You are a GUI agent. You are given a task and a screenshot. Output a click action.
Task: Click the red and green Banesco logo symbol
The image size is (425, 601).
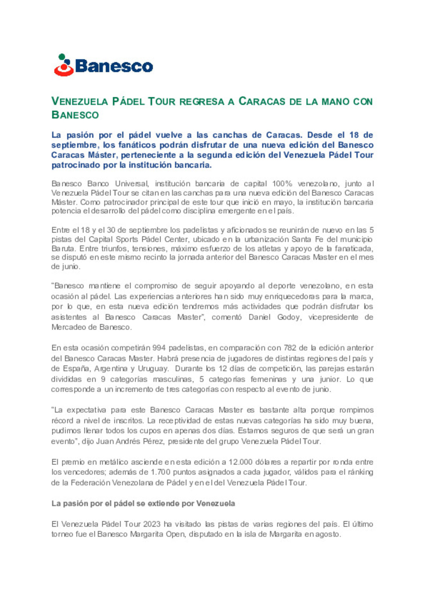[64, 65]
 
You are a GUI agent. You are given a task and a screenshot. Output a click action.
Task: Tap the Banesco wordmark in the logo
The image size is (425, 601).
[114, 66]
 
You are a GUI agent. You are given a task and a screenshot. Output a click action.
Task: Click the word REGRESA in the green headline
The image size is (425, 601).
[201, 101]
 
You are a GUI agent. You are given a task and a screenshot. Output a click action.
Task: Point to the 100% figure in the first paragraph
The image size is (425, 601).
[282, 184]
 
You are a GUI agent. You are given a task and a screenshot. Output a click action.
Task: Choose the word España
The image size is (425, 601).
[76, 369]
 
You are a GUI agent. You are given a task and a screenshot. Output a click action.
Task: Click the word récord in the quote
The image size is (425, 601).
[62, 420]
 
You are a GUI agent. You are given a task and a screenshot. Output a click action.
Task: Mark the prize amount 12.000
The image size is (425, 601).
[241, 462]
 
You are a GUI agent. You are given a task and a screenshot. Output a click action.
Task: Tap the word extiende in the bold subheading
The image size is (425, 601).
[161, 503]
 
